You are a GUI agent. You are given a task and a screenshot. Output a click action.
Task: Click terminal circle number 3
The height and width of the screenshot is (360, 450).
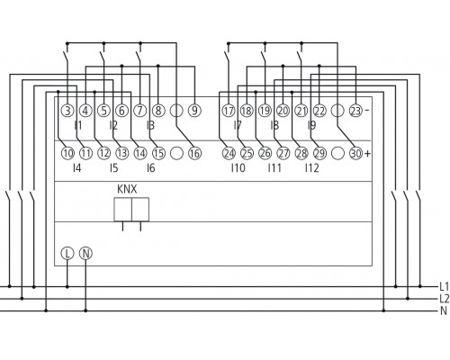pyautogui.click(x=67, y=112)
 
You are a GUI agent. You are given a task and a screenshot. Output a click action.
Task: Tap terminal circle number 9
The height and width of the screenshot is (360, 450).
pyautogui.click(x=194, y=112)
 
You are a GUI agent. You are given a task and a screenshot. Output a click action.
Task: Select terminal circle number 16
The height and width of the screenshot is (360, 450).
pyautogui.click(x=194, y=154)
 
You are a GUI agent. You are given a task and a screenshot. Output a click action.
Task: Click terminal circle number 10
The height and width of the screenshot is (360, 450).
pyautogui.click(x=67, y=154)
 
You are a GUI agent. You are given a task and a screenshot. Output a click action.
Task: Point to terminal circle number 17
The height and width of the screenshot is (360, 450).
pyautogui.click(x=228, y=112)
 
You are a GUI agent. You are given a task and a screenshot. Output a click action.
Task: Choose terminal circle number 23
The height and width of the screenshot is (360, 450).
pyautogui.click(x=355, y=112)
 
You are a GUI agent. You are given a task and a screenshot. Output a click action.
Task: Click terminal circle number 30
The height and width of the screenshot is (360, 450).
pyautogui.click(x=355, y=154)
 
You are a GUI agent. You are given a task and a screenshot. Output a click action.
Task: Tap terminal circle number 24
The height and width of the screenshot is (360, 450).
pyautogui.click(x=228, y=154)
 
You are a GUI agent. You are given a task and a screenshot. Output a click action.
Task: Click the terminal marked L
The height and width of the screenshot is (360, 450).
pyautogui.click(x=67, y=254)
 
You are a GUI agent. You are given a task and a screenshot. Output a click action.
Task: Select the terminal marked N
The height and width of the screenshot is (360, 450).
pyautogui.click(x=85, y=254)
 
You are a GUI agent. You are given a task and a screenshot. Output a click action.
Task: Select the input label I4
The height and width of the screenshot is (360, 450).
pyautogui.click(x=76, y=168)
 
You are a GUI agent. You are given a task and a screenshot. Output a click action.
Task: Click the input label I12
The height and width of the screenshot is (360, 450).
pyautogui.click(x=311, y=168)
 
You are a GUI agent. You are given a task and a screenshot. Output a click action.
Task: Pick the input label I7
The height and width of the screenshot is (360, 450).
pyautogui.click(x=237, y=126)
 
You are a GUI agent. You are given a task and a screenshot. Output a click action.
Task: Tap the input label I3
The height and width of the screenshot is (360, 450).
pyautogui.click(x=149, y=126)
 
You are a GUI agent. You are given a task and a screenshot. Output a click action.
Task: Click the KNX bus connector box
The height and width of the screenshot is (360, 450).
pyautogui.click(x=131, y=210)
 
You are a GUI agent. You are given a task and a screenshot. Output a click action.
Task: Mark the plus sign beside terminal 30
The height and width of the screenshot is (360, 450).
pyautogui.click(x=368, y=154)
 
